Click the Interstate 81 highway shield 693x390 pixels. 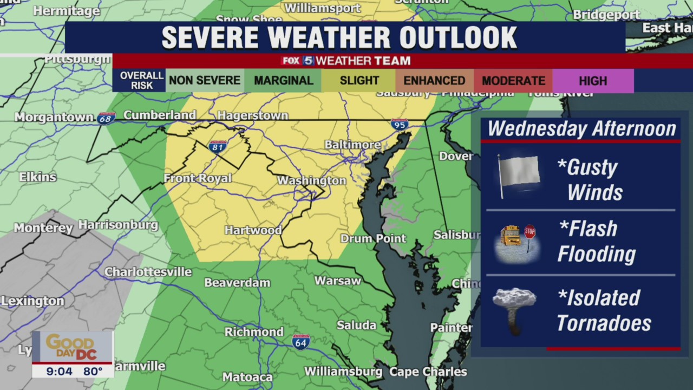click(217, 146)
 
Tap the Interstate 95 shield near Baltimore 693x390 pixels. click(400, 125)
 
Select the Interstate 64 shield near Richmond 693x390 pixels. click(301, 341)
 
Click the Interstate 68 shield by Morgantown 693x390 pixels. click(106, 118)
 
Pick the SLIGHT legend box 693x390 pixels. click(359, 81)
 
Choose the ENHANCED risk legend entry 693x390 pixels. click(434, 81)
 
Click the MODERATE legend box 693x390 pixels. click(513, 81)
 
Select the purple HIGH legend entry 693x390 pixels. click(593, 81)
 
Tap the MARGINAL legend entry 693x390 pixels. click(283, 81)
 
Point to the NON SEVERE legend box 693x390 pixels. click(205, 81)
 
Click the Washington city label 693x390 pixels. click(311, 180)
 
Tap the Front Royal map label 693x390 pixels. click(198, 178)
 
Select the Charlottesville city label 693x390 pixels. click(148, 272)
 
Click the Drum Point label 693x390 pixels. click(373, 238)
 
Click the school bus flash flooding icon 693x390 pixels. click(516, 243)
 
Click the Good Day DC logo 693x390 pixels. click(72, 346)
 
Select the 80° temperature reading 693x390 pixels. click(93, 371)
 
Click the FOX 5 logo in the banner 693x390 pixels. click(297, 61)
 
